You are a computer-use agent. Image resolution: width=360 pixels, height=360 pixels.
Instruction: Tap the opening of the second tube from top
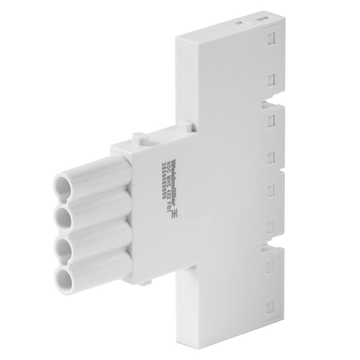[62, 216]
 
